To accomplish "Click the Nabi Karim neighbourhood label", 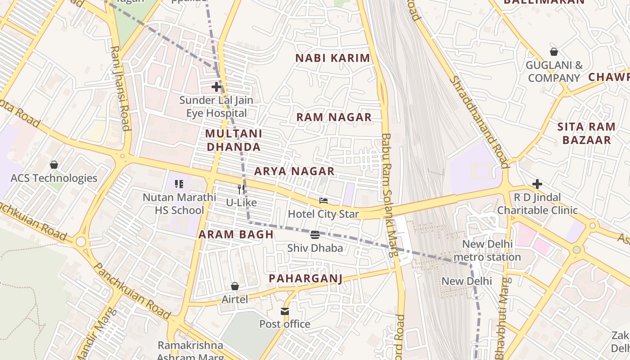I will [333, 58].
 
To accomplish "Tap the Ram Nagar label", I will [334, 117].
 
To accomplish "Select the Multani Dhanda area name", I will [233, 140].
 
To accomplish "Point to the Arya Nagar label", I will [294, 171].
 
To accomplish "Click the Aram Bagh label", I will [236, 234].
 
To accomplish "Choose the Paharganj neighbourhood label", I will [306, 279].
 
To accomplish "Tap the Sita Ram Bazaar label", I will [586, 133].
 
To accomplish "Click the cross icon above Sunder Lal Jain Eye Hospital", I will [216, 87].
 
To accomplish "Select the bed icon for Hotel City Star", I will [324, 201].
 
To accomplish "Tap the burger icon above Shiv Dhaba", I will [315, 235].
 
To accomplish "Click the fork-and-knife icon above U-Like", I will [241, 189].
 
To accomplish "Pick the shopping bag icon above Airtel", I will [234, 286].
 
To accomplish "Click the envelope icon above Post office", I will [285, 311].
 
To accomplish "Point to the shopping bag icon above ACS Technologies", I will [54, 165].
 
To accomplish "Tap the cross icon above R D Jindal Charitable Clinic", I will [537, 184].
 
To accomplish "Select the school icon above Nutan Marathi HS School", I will [179, 184].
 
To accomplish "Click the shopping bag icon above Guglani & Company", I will [554, 52].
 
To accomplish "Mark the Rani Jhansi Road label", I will [120, 88].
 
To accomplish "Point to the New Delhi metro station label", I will [487, 251].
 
